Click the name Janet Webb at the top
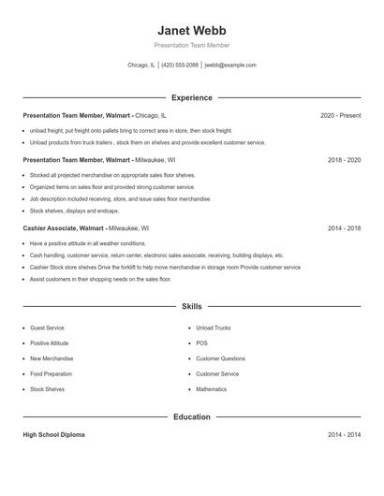pos(192,30)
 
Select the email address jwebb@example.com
pos(230,66)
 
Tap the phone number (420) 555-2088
pos(180,66)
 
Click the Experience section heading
pos(192,97)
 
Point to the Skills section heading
pos(192,306)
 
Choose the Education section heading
pos(192,416)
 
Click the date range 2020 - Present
pos(340,115)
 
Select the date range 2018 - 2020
pos(344,160)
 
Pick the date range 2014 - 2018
pos(344,227)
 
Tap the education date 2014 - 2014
pos(344,435)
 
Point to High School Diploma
pos(53,435)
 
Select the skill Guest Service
pos(47,328)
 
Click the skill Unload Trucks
pos(214,328)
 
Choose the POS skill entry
pos(201,343)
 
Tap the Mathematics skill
pos(211,388)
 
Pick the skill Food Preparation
pos(51,373)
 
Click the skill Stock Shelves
pos(47,388)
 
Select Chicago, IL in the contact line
pos(140,66)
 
